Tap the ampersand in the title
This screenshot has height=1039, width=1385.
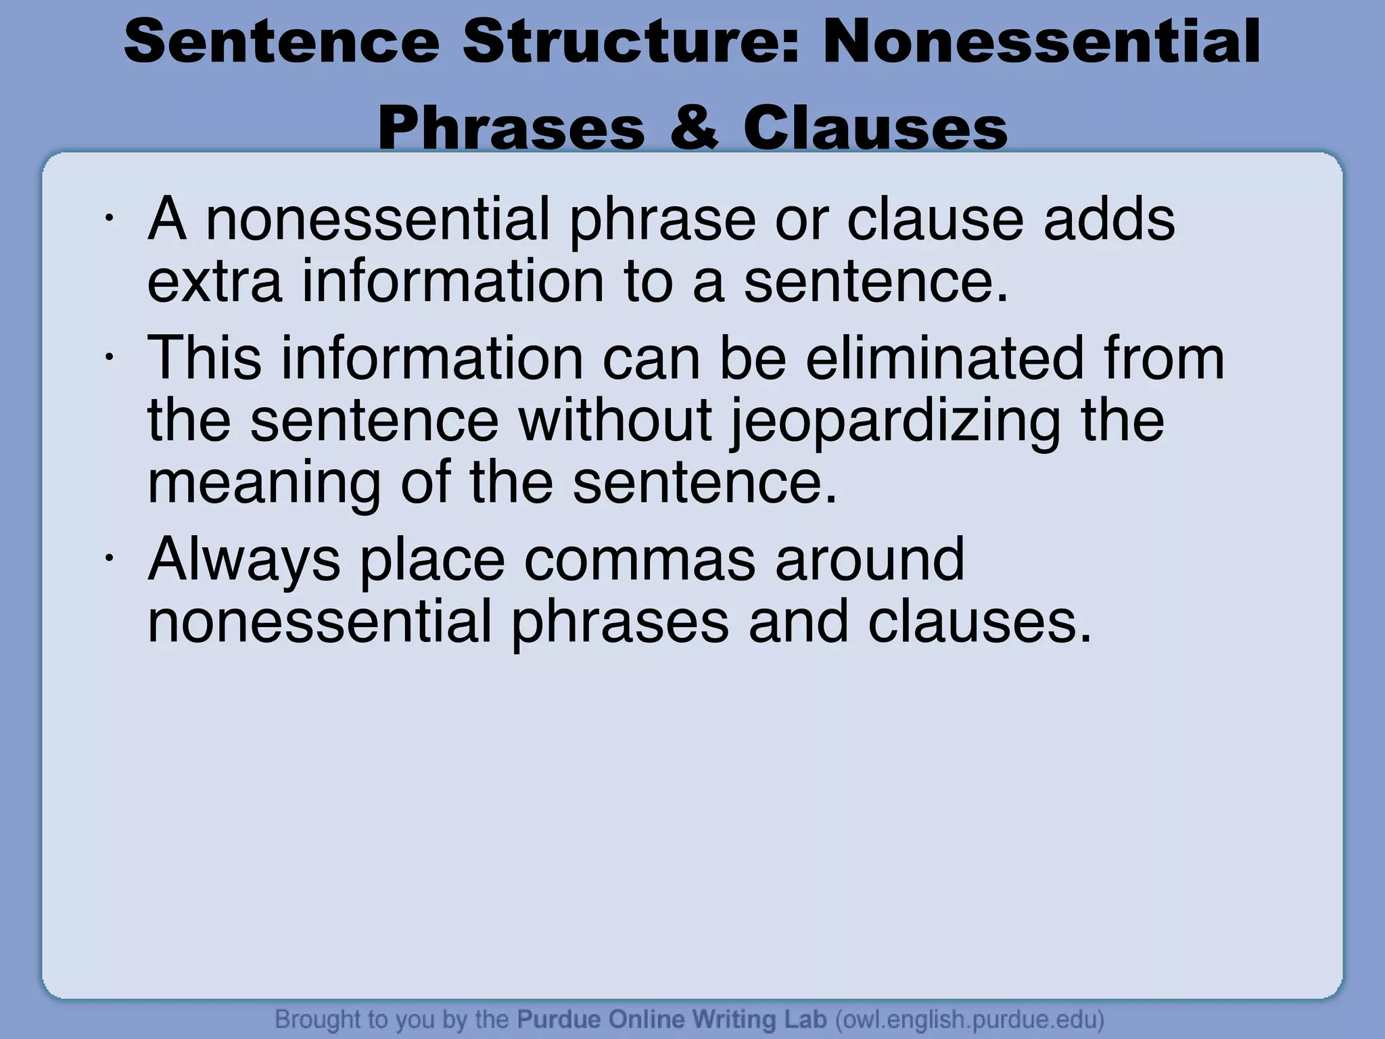(x=693, y=128)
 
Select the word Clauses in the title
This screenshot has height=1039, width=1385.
(x=875, y=128)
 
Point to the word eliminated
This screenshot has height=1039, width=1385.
(x=944, y=359)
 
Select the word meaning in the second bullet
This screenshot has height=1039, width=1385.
(x=264, y=484)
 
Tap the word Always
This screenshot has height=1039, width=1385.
(x=244, y=561)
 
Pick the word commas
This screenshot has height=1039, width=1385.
(x=639, y=559)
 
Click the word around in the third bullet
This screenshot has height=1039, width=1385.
(x=869, y=559)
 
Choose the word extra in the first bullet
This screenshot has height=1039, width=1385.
(x=214, y=281)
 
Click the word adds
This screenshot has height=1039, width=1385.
(x=1109, y=219)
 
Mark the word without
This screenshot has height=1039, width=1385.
(x=615, y=421)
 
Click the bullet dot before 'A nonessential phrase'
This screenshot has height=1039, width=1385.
(x=108, y=218)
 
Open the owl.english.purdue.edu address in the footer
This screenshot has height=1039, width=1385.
(x=970, y=1019)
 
